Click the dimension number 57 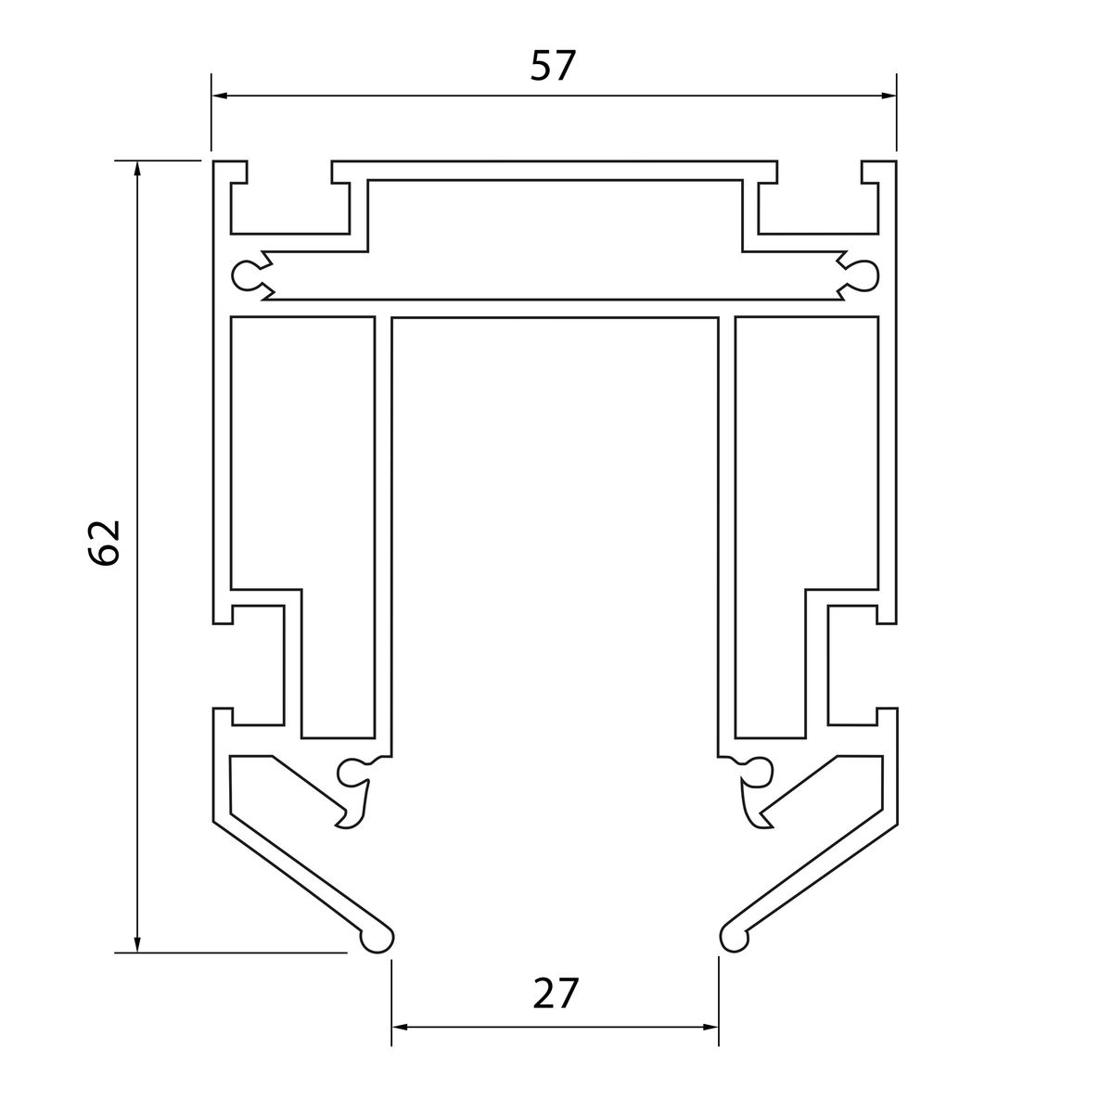click(553, 66)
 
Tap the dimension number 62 click(105, 542)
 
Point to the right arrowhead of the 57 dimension click(889, 96)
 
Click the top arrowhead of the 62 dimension click(137, 168)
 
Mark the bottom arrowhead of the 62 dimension click(137, 945)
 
